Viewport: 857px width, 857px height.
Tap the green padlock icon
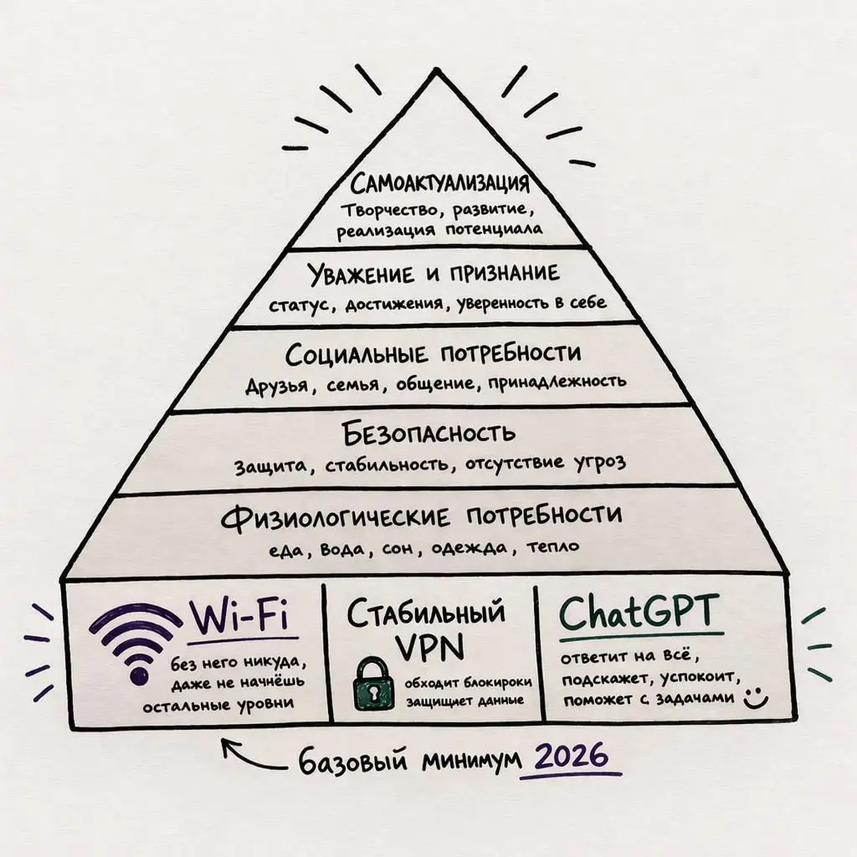(x=374, y=684)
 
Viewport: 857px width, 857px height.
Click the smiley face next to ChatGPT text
(x=756, y=697)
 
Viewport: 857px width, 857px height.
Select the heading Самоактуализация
(x=440, y=183)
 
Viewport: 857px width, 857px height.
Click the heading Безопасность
(x=428, y=433)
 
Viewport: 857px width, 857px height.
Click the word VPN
(x=429, y=647)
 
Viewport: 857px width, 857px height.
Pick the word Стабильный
(x=426, y=612)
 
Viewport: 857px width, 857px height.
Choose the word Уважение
(x=361, y=274)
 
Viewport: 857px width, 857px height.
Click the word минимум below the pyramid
(x=471, y=760)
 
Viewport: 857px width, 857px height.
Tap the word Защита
(x=270, y=466)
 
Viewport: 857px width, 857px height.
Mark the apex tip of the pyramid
(x=436, y=71)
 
